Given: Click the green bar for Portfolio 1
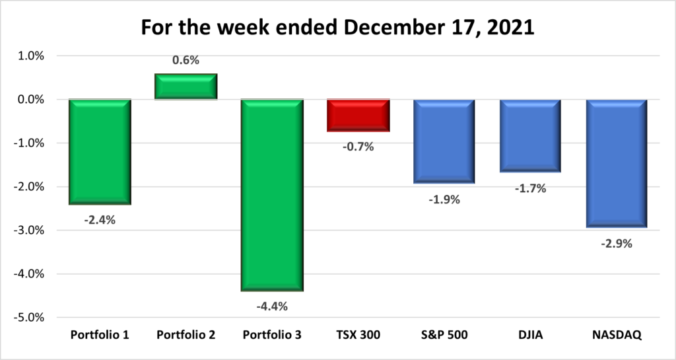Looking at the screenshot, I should click(100, 152).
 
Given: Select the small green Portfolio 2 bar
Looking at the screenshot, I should click(186, 87).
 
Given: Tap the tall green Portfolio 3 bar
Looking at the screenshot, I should click(272, 195).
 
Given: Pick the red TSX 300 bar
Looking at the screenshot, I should click(358, 116).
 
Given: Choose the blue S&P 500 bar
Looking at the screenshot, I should click(444, 141).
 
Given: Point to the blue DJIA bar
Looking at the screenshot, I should click(530, 135).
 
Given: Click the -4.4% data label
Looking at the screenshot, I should click(272, 306).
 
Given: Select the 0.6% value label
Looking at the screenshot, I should click(186, 60).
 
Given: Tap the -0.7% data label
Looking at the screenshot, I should click(358, 147).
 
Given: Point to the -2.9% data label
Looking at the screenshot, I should click(617, 244).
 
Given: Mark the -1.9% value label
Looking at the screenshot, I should click(444, 199).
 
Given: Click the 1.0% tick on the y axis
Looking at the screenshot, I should click(30, 56).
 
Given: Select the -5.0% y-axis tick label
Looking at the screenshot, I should click(28, 317).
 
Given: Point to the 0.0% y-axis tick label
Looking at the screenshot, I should click(30, 100).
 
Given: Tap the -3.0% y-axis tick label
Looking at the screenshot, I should click(28, 231).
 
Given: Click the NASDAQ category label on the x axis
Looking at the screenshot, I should click(617, 335).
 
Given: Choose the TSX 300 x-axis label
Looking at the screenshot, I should click(358, 335).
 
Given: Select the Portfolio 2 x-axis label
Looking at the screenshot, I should click(186, 335).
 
